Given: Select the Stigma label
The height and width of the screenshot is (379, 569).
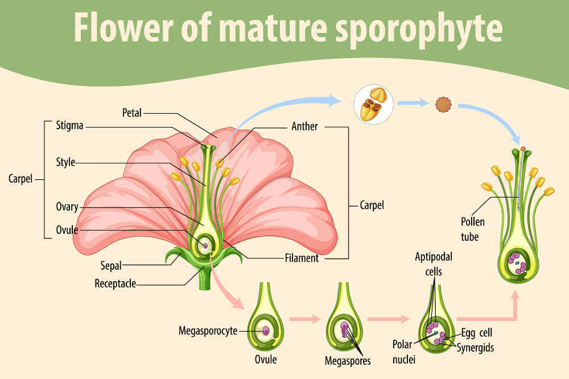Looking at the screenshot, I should coord(70,126).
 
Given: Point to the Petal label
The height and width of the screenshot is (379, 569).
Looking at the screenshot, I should coord(132,112).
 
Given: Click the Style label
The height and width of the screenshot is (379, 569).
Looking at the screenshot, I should coord(65,163).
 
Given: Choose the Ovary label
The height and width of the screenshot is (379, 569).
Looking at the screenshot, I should coord(67,207).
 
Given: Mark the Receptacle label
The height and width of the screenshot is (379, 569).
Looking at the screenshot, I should coord(115,283).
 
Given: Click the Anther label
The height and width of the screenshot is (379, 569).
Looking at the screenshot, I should coord(304,126).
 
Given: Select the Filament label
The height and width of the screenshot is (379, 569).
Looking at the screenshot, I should coord(302,258).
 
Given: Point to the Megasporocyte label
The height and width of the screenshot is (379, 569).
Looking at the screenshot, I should coord(208,331).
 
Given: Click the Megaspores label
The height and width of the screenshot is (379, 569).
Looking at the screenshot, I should coord(347,361).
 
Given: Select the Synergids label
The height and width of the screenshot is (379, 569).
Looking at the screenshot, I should coord(475,347).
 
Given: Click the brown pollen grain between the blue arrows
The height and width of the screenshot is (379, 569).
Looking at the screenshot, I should coord(442,104).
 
